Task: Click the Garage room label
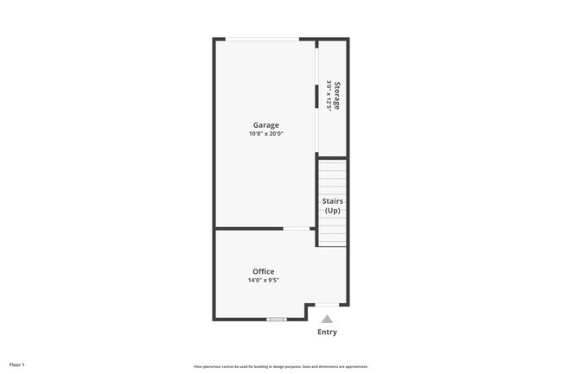point(265,125)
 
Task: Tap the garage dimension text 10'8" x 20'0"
point(265,134)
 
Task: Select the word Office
point(264,271)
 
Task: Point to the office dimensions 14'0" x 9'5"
point(264,280)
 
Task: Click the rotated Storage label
point(338,95)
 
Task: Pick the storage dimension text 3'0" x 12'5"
point(329,95)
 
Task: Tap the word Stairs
point(333,201)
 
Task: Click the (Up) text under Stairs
point(333,211)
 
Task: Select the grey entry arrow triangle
point(327,319)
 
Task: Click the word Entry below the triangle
point(327,332)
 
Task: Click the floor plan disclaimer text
point(281,366)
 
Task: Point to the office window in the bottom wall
point(277,320)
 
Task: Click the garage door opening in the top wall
point(264,39)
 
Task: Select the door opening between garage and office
point(298,229)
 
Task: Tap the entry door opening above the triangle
point(327,305)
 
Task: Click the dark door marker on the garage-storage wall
point(316,95)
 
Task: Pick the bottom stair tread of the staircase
point(333,243)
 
